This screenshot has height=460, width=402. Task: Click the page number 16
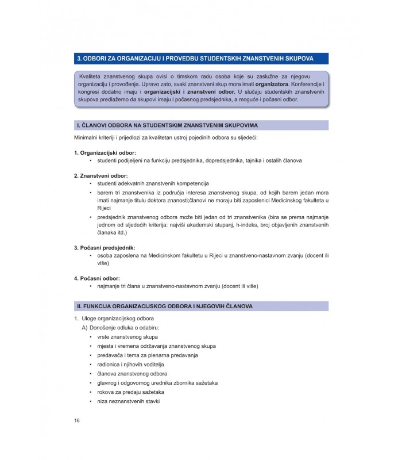pos(77,420)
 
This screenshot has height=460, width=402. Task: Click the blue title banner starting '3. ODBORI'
pos(202,59)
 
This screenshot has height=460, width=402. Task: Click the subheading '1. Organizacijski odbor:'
pos(105,152)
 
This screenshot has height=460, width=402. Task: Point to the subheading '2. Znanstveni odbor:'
pos(100,175)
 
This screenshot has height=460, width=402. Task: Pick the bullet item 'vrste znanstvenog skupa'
pos(127,337)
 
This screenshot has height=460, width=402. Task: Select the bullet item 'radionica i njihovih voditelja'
pos(130,365)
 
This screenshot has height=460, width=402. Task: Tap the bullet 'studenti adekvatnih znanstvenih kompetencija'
pos(149,183)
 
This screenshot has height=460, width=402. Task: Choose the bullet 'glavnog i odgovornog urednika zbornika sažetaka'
pos(157,383)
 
